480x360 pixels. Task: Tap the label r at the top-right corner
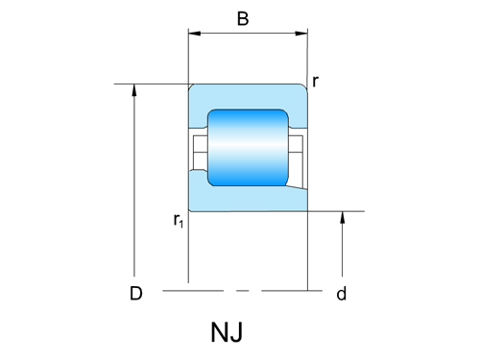coord(315,82)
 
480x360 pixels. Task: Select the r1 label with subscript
coord(179,221)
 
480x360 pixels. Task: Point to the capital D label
coord(136,294)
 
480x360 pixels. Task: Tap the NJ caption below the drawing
coord(227,333)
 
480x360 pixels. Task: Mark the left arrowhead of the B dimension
coord(193,35)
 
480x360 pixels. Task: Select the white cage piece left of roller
coord(200,148)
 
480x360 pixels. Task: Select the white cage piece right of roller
coord(297,148)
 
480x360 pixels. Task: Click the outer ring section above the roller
coord(248,96)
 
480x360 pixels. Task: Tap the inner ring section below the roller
coord(248,199)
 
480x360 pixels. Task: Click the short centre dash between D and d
coord(242,288)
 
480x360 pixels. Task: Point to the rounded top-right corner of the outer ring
coord(304,87)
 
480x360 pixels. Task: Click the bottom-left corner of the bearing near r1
coord(190,208)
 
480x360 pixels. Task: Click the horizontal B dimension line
coord(248,35)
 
